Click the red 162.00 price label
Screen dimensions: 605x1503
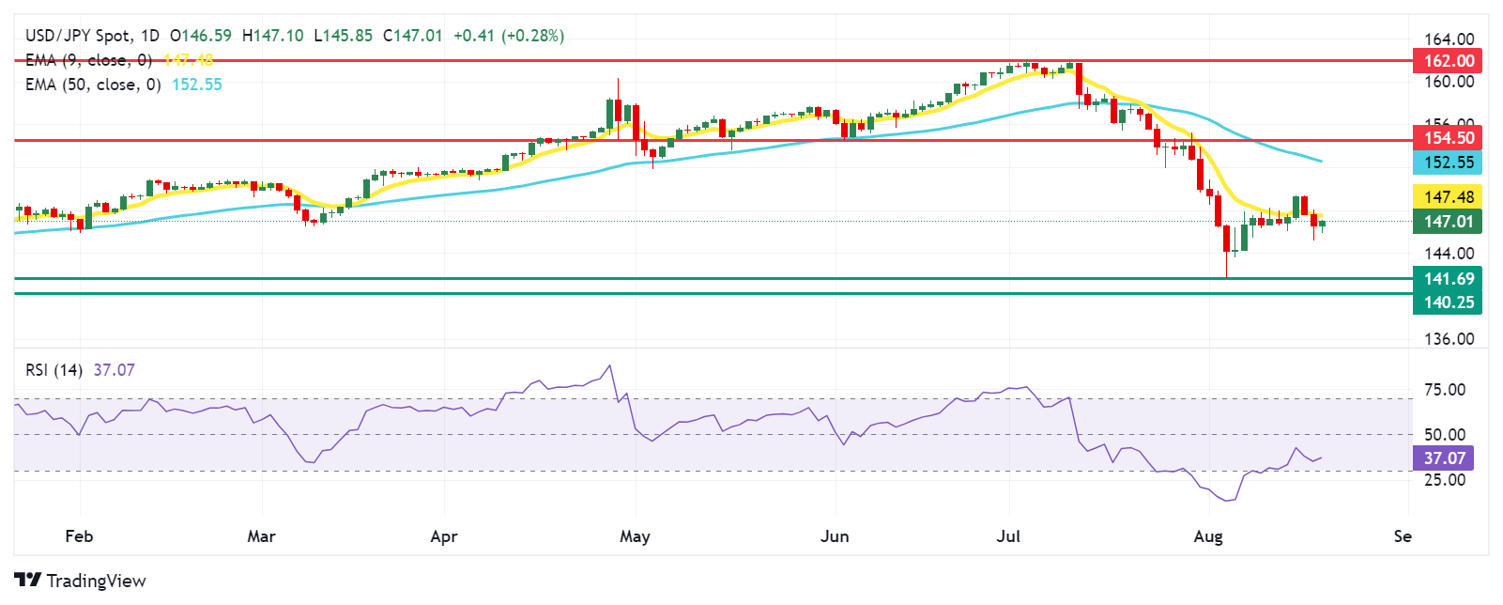1448,61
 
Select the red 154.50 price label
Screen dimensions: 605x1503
1448,138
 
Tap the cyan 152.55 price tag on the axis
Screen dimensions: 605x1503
1448,163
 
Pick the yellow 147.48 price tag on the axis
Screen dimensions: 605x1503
1448,197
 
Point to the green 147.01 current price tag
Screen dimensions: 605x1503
1448,222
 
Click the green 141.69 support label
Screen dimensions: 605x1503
1448,279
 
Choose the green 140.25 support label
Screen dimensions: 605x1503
1448,302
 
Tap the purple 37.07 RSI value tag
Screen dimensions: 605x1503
1443,458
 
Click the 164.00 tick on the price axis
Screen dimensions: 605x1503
1449,39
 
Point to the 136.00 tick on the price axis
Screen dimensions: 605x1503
1449,339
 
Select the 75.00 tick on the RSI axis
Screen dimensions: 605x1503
1445,390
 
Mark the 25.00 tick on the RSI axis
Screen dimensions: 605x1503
1445,480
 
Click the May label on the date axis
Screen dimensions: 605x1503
635,536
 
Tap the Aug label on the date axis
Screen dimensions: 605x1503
1208,536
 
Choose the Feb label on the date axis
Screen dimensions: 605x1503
79,536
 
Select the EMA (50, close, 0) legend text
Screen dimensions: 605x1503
93,85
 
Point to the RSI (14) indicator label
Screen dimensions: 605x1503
54,370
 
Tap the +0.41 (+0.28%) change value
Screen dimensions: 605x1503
509,36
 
